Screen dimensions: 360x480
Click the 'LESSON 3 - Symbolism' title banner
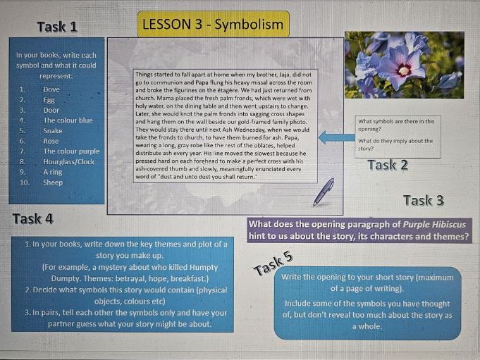point(213,25)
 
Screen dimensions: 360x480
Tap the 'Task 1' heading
point(57,27)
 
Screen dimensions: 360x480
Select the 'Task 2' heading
point(387,166)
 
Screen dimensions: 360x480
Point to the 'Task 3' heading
point(423,201)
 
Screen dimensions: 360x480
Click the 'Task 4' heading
point(32,218)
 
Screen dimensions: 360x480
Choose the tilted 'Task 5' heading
point(273,264)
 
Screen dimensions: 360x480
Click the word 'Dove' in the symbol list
point(51,89)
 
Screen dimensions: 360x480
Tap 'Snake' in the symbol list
point(53,130)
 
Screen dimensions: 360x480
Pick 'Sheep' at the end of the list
point(53,182)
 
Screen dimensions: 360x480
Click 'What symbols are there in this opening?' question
point(396,125)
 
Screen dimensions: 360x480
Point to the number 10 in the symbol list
point(23,182)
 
